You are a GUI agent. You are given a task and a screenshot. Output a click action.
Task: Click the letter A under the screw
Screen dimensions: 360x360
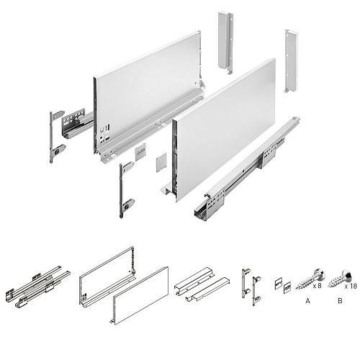point(308,300)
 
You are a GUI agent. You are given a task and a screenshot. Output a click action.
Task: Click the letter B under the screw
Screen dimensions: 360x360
point(340,300)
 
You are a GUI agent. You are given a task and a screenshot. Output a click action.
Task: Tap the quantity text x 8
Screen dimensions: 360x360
point(317,286)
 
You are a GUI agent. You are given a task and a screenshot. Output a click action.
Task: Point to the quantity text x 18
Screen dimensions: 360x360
point(351,286)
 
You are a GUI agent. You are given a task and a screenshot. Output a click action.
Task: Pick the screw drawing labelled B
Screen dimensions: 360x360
point(340,279)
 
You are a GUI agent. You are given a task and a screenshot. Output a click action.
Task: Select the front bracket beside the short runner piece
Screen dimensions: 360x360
point(56,136)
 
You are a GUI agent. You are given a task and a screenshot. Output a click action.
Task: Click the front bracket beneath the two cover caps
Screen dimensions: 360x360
point(127,189)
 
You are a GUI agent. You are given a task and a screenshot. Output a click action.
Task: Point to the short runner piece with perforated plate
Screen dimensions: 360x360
point(77,125)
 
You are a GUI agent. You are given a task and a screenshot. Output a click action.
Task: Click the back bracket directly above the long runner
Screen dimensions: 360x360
point(291,60)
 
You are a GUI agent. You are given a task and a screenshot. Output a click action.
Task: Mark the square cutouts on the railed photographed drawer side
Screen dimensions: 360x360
point(104,133)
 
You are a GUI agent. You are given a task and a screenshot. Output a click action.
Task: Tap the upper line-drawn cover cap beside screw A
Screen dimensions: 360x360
point(279,284)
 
